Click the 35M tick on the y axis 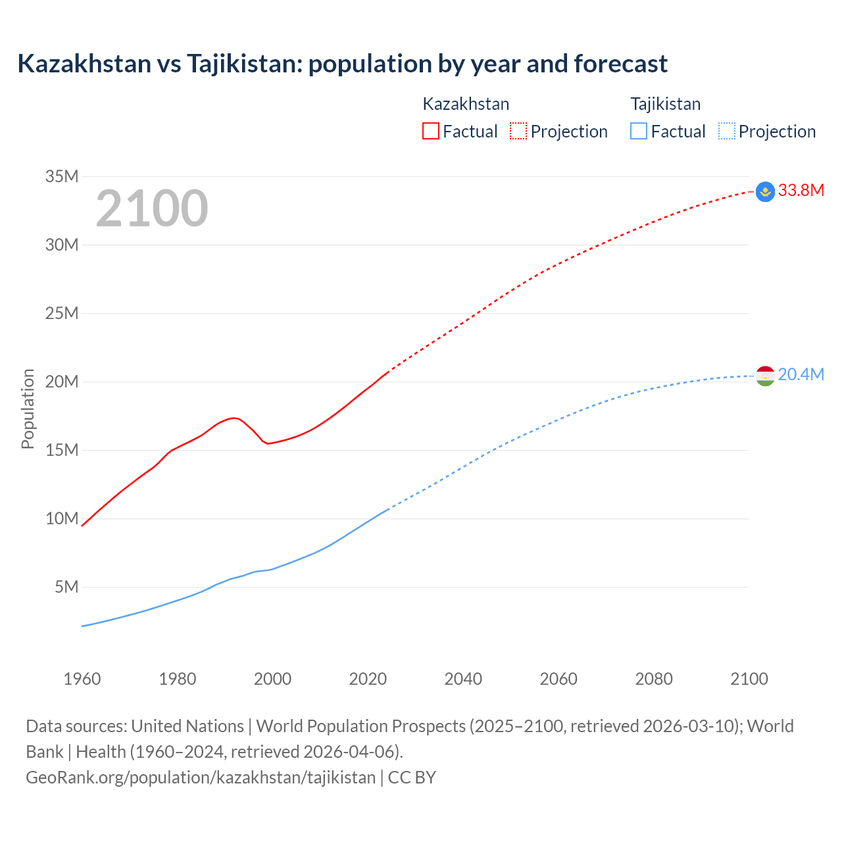coord(62,176)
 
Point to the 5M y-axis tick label coord(66,587)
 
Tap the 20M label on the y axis coord(62,382)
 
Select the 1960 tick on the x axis coord(82,679)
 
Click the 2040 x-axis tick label coord(463,679)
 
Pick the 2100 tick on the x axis coord(749,679)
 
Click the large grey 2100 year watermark coord(152,209)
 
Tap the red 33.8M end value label coord(801,191)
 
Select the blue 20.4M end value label coord(801,375)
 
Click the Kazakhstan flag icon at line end coord(765,191)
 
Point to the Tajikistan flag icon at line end coord(765,376)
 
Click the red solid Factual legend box coord(431,131)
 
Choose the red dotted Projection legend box coord(518,131)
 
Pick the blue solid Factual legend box coord(639,131)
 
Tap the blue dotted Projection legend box coord(726,131)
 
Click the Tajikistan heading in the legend coord(665,104)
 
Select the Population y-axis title coord(28,409)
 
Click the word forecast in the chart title coord(620,64)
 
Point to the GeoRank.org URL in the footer coord(201,778)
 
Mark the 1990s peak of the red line coord(233,418)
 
